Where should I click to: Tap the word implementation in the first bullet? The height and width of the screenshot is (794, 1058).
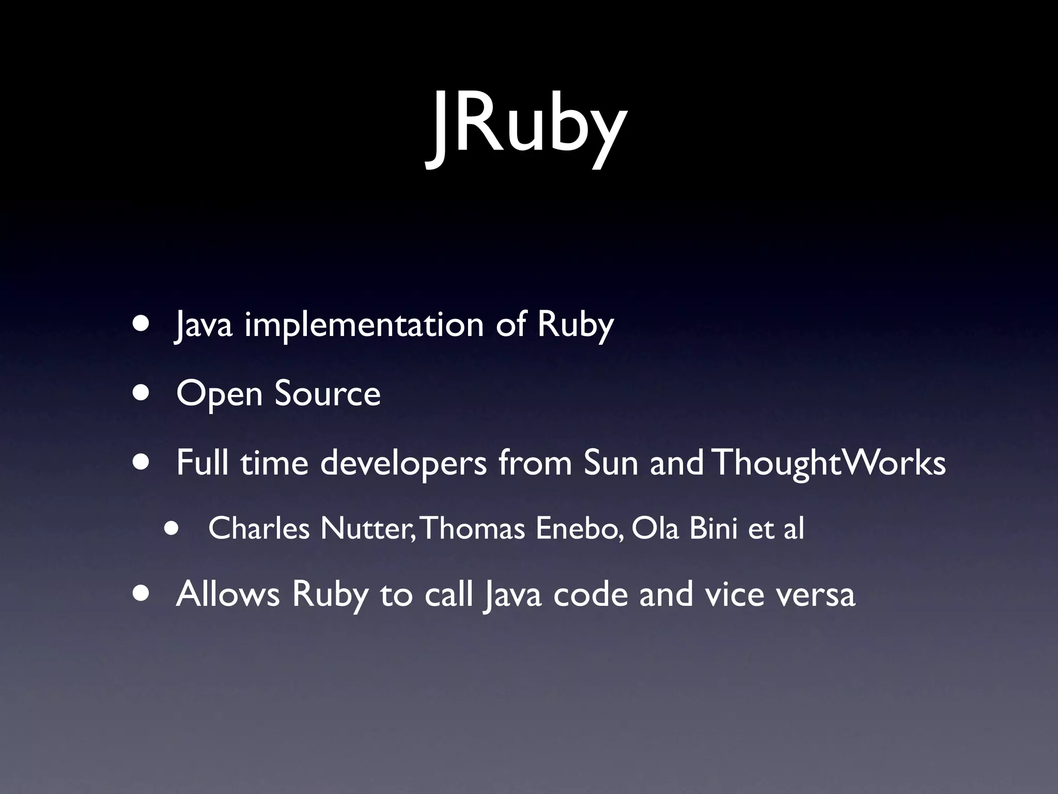pyautogui.click(x=364, y=325)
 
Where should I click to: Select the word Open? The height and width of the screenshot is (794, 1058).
pyautogui.click(x=220, y=394)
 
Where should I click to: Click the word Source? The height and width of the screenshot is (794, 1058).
pyautogui.click(x=328, y=393)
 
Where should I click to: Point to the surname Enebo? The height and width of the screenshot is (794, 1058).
pyautogui.click(x=579, y=528)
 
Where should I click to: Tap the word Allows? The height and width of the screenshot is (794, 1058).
pyautogui.click(x=228, y=594)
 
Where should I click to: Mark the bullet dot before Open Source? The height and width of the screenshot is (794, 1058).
pyautogui.click(x=141, y=393)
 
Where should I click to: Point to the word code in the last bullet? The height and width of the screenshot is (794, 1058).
pyautogui.click(x=590, y=594)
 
